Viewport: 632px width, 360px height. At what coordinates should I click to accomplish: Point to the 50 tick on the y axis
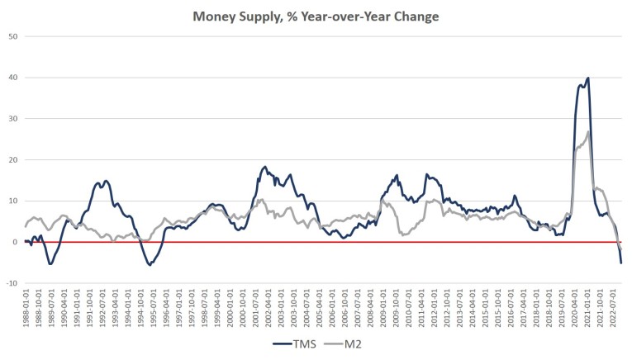click(14, 36)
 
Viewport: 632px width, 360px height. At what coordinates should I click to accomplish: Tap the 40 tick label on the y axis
click(14, 78)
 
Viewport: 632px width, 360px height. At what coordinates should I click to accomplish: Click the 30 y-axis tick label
click(14, 119)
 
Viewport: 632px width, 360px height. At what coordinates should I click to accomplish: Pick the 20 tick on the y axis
click(14, 159)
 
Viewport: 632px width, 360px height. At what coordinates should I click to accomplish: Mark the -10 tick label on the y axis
click(12, 283)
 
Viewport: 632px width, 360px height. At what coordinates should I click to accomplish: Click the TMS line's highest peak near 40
click(587, 78)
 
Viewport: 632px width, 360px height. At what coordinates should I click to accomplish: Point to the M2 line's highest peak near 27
click(587, 131)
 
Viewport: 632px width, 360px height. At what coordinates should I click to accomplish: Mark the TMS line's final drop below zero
click(621, 262)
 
